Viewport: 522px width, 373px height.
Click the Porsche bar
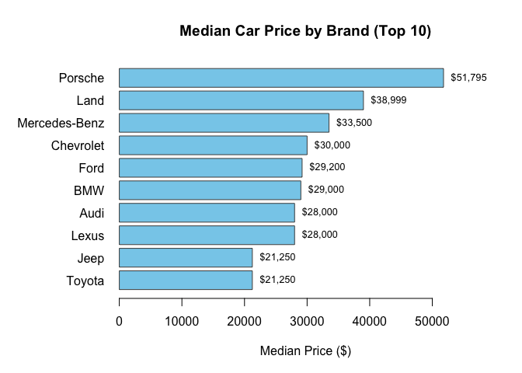[281, 78]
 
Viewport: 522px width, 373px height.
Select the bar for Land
[241, 100]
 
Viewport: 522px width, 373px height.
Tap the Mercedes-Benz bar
[224, 123]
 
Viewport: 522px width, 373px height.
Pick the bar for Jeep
[186, 257]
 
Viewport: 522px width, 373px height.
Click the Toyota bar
[186, 280]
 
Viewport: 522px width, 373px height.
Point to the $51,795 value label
[468, 78]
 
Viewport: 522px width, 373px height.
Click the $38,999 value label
[388, 100]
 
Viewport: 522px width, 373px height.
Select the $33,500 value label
[354, 123]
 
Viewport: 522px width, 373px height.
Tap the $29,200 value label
[327, 168]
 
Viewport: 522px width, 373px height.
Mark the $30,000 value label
[332, 145]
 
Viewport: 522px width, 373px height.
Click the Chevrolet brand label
[77, 145]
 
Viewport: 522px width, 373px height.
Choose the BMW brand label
[89, 190]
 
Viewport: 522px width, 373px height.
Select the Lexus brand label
[87, 235]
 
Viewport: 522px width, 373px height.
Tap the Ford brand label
[91, 168]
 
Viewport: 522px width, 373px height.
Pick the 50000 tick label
[433, 321]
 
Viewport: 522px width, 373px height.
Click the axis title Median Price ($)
[305, 351]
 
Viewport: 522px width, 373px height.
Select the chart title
[305, 32]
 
